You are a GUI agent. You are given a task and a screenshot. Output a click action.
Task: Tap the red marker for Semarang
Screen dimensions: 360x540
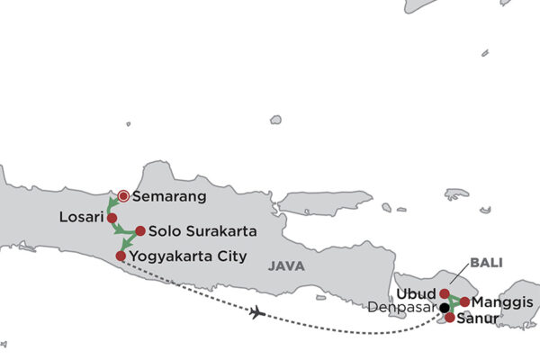pyautogui.click(x=123, y=195)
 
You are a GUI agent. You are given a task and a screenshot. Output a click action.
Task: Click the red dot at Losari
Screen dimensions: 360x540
pyautogui.click(x=112, y=218)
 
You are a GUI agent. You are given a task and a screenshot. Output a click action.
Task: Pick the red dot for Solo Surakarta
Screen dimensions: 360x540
pyautogui.click(x=139, y=231)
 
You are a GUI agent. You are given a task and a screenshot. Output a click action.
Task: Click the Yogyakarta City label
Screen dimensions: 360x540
pyautogui.click(x=188, y=256)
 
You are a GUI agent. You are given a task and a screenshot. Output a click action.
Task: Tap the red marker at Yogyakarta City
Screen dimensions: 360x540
pyautogui.click(x=121, y=256)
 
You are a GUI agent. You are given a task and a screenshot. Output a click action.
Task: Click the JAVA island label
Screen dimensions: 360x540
pyautogui.click(x=285, y=266)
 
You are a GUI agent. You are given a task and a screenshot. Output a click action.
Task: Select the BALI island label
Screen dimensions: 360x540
pyautogui.click(x=485, y=263)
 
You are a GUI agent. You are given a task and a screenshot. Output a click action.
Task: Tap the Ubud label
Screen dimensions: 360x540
pyautogui.click(x=416, y=293)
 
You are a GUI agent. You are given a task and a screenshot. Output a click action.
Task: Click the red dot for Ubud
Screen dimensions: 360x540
pyautogui.click(x=445, y=293)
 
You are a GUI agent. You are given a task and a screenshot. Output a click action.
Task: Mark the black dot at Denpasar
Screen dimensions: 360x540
pyautogui.click(x=444, y=308)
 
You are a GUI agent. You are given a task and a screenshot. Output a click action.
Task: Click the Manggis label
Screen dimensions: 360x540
pyautogui.click(x=502, y=301)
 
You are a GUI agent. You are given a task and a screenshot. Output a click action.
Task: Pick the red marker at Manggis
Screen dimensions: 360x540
pyautogui.click(x=464, y=301)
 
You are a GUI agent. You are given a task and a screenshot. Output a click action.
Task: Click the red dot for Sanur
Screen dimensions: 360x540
pyautogui.click(x=450, y=318)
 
